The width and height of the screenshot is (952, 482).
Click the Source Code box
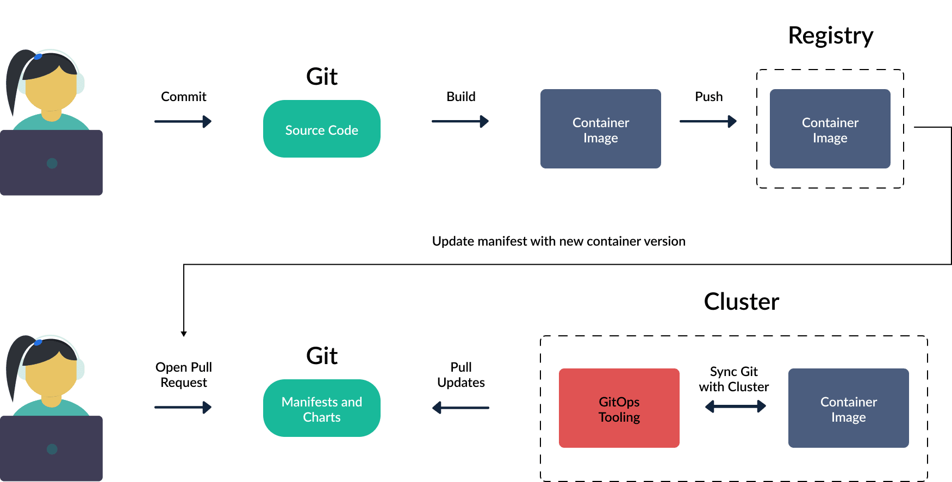click(321, 129)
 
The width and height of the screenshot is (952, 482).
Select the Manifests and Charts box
click(321, 408)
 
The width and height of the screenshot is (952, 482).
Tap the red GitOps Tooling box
click(619, 408)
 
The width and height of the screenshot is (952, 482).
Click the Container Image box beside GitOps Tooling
click(848, 408)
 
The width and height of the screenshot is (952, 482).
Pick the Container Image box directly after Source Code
click(600, 129)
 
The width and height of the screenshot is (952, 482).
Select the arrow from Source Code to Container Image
click(459, 121)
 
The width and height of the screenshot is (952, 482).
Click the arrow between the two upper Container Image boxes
click(707, 121)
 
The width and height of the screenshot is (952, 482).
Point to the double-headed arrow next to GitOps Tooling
click(735, 406)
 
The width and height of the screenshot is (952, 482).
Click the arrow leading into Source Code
click(183, 121)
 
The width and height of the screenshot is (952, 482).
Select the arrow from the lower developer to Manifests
click(183, 407)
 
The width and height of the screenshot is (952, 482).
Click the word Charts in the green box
click(321, 417)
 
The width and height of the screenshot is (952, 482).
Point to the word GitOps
click(619, 402)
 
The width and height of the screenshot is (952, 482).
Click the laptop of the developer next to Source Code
click(51, 162)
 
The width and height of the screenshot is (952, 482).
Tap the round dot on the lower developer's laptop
click(52, 449)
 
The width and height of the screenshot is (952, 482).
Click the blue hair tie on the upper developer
click(38, 56)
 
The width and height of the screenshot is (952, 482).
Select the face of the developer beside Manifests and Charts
click(51, 375)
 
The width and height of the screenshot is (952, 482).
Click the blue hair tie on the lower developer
click(38, 342)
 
